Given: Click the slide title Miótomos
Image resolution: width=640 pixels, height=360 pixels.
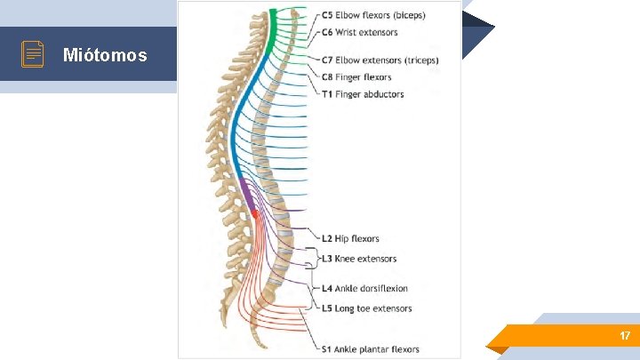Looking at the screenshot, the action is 105,55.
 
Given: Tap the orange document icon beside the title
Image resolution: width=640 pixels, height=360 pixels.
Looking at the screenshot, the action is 33,54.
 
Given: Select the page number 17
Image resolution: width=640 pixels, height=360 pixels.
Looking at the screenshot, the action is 625,336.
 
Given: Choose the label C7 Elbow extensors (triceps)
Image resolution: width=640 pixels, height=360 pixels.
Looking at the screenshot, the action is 380,60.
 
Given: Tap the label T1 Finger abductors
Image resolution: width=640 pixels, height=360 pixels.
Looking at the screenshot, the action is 363,94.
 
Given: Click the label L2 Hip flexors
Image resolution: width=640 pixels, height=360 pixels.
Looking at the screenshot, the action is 350,238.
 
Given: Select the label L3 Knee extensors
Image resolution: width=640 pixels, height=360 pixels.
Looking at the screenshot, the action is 359,259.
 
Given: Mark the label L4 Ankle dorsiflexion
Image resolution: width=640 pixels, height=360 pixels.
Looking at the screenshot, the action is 364,288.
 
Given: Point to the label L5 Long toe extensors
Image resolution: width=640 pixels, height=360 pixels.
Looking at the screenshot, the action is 366,308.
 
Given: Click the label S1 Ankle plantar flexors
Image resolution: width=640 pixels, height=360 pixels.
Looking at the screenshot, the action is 371,348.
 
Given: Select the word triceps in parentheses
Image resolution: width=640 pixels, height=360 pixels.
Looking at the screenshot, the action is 420,60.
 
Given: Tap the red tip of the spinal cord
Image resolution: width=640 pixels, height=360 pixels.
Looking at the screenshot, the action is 254,213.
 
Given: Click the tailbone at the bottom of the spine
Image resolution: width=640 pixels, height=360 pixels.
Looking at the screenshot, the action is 258,341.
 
